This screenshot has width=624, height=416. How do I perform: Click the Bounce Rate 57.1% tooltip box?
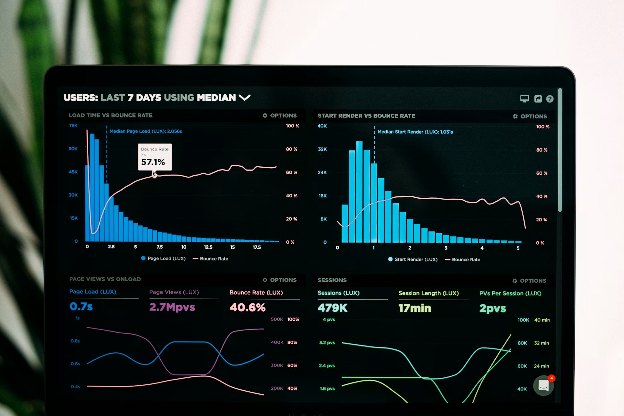tap(155, 157)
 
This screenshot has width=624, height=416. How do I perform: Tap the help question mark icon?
tap(550, 99)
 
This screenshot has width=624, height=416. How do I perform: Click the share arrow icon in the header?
tap(538, 99)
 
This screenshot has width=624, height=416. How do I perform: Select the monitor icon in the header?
tap(524, 99)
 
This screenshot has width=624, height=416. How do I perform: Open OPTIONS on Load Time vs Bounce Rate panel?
tap(279, 115)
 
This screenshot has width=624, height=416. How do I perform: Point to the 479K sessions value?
tap(332, 308)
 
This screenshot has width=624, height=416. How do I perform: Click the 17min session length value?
tap(414, 308)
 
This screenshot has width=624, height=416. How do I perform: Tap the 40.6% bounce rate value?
tap(247, 307)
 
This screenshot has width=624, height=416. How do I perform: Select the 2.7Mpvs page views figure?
tap(172, 307)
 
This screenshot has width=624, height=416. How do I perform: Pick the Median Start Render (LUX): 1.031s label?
tap(415, 132)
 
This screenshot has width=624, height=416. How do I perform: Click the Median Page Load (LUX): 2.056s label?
tap(146, 131)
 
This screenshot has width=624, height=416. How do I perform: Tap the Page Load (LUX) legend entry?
tap(163, 258)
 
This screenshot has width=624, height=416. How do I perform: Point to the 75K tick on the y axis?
tap(73, 125)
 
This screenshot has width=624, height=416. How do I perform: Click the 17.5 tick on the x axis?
tap(257, 247)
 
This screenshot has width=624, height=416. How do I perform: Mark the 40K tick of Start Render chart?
tap(322, 126)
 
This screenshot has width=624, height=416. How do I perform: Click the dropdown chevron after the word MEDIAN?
tap(244, 97)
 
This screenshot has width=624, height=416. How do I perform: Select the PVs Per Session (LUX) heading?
tap(510, 293)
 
